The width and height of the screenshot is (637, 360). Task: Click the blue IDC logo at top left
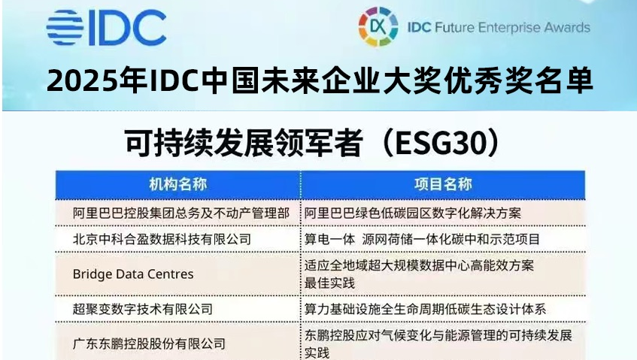[106, 28]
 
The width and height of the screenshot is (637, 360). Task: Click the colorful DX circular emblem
[378, 27]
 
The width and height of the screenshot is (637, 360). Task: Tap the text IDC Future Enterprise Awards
[499, 28]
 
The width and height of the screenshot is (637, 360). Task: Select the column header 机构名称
[178, 185]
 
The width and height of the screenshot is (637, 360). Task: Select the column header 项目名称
[443, 185]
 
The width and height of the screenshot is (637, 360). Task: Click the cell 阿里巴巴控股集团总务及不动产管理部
[181, 213]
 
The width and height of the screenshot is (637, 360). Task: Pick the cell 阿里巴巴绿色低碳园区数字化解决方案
[412, 213]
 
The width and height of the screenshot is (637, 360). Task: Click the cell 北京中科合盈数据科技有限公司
[162, 239]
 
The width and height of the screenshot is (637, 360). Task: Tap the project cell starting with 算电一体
[422, 239]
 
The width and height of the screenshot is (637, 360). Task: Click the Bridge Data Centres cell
[133, 274]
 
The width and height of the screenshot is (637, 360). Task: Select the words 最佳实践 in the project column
[329, 283]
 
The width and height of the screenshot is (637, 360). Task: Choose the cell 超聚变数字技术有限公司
[143, 309]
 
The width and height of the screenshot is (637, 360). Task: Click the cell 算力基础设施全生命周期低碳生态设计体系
[425, 309]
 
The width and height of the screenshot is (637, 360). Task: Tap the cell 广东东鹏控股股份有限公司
[149, 343]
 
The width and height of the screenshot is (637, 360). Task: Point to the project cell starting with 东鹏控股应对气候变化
[438, 343]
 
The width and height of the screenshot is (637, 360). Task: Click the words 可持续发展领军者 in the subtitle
[244, 143]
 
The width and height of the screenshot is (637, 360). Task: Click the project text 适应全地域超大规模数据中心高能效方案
[419, 265]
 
